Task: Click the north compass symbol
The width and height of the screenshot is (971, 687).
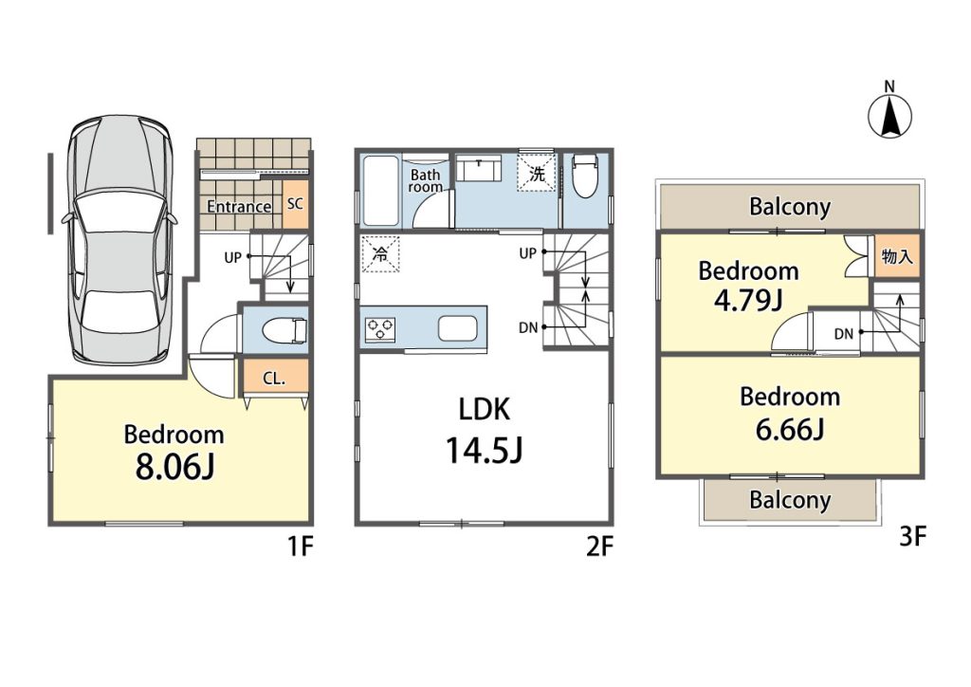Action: point(889,115)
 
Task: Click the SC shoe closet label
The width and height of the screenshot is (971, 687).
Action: point(296,203)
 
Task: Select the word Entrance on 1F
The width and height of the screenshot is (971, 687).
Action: point(239,206)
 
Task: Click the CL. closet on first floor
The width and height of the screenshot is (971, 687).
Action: point(275,378)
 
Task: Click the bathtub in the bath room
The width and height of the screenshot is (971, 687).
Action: point(379,190)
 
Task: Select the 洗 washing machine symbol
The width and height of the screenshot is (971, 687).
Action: point(537,174)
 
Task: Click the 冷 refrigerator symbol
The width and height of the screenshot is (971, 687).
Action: point(380,253)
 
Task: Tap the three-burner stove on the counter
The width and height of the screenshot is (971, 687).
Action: point(380,328)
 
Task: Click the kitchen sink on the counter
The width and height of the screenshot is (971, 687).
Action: point(458,328)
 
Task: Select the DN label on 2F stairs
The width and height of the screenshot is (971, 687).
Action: point(528,327)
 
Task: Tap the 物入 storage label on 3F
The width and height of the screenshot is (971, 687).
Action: point(897,256)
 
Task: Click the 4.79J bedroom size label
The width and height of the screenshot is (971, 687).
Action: point(749,301)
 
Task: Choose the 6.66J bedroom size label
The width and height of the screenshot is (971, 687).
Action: point(790,429)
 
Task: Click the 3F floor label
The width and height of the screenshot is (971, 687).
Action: point(912,536)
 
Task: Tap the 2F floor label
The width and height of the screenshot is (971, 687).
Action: point(599,547)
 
